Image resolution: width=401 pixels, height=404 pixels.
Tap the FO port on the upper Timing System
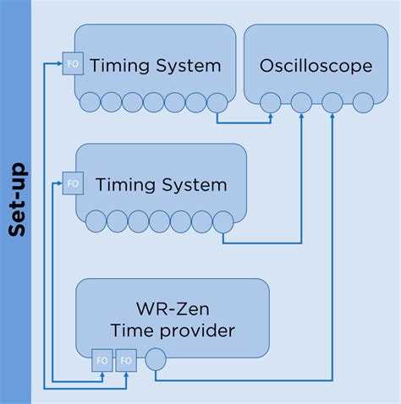(73, 63)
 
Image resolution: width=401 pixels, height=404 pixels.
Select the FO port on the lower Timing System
(73, 182)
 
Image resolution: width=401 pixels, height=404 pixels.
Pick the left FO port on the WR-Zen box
(102, 360)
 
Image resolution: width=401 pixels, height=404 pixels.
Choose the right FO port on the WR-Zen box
(126, 360)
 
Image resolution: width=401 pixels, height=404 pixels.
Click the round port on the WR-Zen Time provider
(156, 360)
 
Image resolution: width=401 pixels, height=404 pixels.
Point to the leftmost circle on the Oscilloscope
(270, 102)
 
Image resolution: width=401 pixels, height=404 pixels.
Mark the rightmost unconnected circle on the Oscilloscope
(363, 102)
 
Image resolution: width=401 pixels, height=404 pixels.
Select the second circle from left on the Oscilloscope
(301, 102)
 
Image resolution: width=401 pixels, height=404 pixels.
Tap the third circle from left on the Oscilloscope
(332, 102)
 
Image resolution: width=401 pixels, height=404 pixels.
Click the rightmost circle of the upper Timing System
(217, 102)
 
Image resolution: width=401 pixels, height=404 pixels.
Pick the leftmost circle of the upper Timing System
(91, 102)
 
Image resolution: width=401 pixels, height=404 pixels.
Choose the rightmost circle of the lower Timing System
(222, 221)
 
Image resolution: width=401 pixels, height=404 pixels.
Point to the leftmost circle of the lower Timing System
(96, 221)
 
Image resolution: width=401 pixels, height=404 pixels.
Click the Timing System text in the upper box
(155, 65)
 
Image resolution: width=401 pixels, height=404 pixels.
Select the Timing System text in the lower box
(161, 184)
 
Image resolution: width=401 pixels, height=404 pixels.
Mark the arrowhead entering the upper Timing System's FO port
(59, 63)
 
